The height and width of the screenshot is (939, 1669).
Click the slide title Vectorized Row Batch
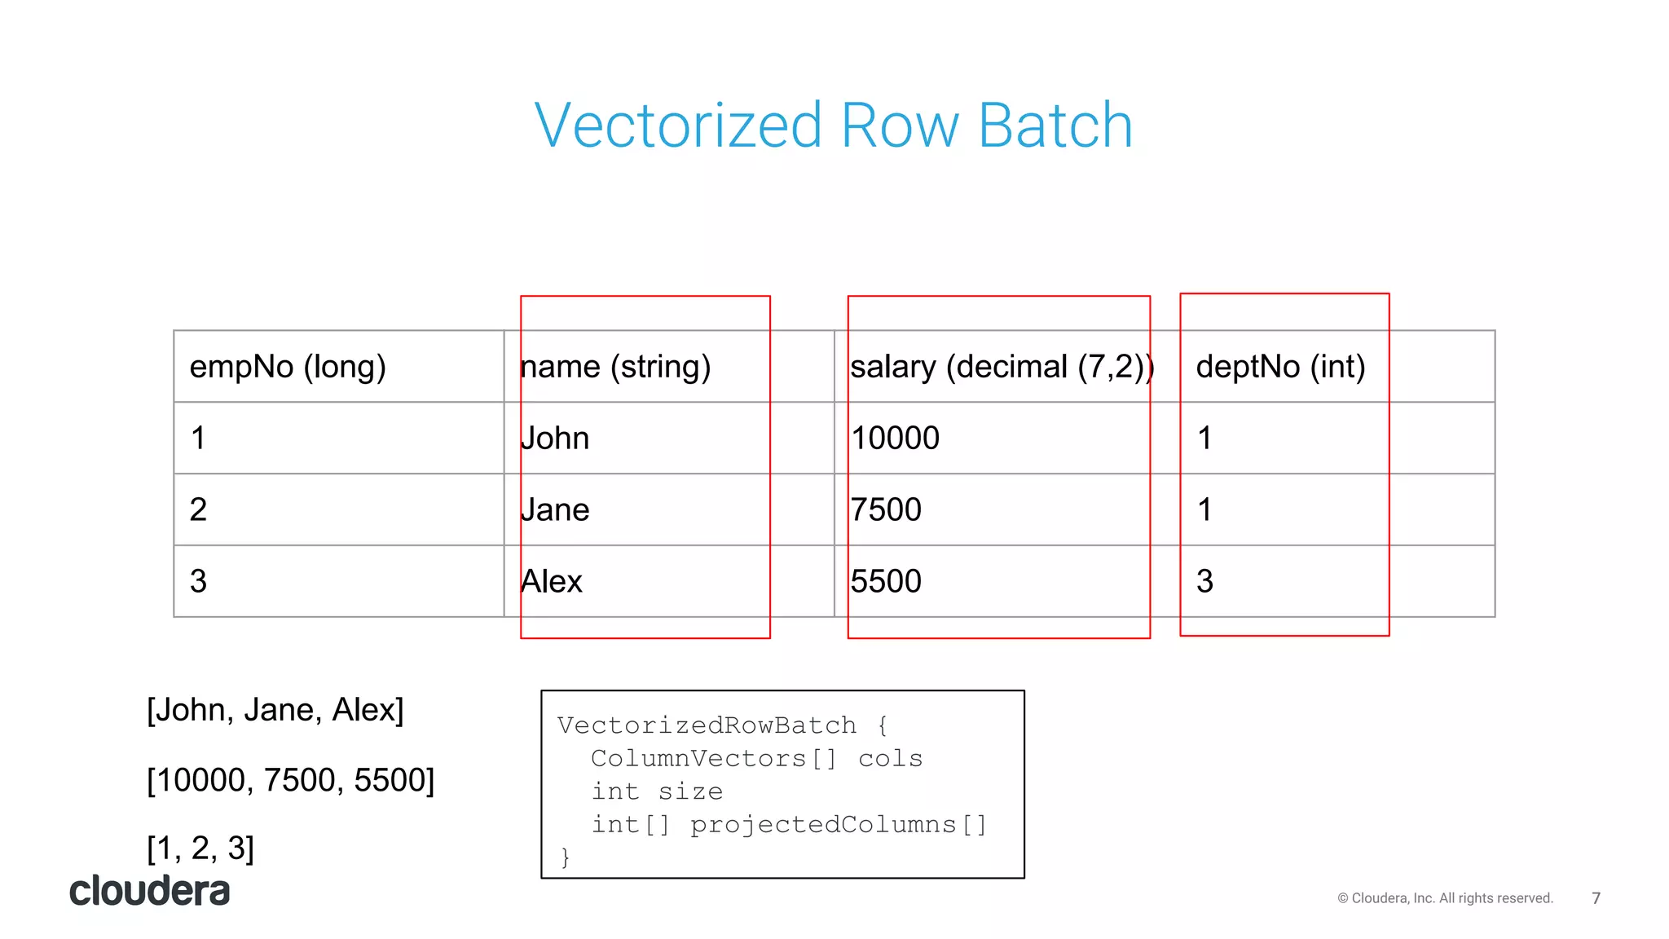coord(833,126)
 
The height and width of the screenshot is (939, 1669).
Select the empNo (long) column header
coord(288,367)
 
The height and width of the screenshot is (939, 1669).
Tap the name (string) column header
coord(616,367)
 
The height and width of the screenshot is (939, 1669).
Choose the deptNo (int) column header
coord(1280,367)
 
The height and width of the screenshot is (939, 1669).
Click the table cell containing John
coord(555,439)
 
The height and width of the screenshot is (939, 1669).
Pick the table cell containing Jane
coord(555,510)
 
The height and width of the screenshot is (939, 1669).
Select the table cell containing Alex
coord(552,582)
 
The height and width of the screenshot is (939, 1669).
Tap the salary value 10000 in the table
coord(895,439)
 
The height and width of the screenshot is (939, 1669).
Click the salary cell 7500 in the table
coord(886,510)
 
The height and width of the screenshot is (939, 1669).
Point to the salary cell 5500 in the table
coord(886,582)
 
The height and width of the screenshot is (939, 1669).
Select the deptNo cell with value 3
coord(1204,582)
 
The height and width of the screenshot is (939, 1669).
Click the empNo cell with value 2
coord(198,510)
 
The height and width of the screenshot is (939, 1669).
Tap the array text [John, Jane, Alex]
coord(275,710)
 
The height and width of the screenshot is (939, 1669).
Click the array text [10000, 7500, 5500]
coord(291,780)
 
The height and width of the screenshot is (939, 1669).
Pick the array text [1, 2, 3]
coord(200,849)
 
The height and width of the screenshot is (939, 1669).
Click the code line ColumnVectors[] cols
coord(756,759)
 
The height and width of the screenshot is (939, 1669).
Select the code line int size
coord(657,791)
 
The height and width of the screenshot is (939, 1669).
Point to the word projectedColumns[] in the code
coord(839,825)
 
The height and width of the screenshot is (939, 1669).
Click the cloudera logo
coord(150,891)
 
